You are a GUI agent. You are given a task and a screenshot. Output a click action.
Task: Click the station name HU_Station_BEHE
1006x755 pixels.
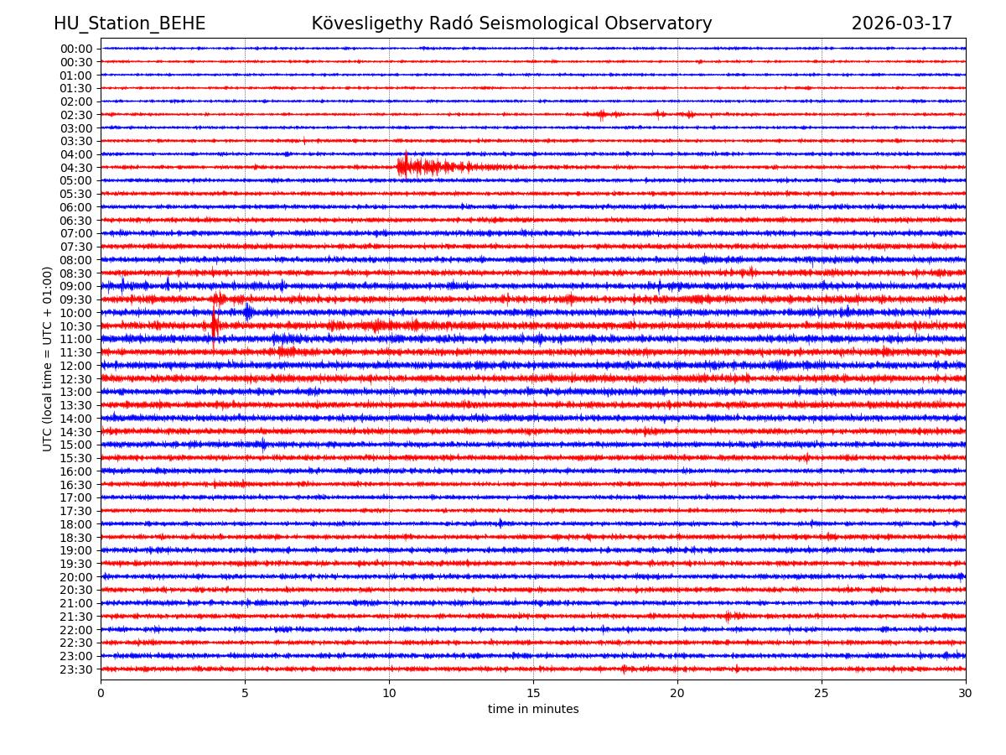point(129,23)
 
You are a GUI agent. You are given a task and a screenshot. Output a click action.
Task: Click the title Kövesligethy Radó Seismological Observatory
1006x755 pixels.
point(511,23)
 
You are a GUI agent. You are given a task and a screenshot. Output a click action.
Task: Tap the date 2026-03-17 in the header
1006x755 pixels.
point(901,23)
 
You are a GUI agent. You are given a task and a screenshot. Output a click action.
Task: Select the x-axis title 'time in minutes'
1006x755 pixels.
point(533,709)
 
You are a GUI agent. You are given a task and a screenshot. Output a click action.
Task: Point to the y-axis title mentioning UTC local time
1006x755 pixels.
point(48,358)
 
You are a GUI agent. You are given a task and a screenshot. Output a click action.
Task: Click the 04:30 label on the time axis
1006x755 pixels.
point(76,168)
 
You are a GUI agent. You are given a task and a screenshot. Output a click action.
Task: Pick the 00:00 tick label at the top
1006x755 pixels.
point(76,49)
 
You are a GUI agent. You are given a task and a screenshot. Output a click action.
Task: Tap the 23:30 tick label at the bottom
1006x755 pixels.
point(76,669)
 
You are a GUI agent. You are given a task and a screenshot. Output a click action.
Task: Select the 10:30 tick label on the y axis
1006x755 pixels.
point(76,326)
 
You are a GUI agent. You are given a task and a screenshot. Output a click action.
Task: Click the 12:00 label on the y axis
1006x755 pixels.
point(76,366)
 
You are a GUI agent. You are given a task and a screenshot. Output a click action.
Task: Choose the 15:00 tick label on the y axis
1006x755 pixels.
point(76,445)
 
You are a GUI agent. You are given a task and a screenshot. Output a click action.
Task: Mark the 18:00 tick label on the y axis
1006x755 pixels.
point(76,524)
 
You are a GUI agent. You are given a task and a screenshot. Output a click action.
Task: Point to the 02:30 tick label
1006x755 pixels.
point(76,115)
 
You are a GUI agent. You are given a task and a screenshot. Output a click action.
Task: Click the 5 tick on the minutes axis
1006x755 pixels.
point(245,693)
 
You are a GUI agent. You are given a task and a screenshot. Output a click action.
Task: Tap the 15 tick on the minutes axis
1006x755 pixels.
point(533,693)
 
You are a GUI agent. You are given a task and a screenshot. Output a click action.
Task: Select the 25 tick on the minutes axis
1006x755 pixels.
point(822,693)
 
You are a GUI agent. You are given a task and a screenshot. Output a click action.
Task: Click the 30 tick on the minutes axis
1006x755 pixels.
point(966,693)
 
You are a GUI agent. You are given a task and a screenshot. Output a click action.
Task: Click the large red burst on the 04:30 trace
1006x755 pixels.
point(406,166)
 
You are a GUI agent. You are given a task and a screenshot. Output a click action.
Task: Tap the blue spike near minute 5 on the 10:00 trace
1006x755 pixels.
point(247,312)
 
